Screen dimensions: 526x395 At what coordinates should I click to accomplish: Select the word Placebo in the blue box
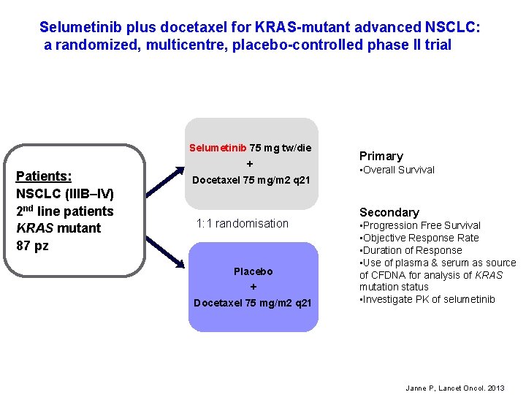253,271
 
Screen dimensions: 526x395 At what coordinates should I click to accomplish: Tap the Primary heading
381,156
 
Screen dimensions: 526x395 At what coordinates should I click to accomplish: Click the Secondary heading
389,212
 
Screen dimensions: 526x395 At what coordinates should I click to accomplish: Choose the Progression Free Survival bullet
420,225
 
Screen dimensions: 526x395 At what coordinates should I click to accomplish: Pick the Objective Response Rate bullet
419,238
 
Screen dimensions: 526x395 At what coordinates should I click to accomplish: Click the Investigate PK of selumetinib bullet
427,298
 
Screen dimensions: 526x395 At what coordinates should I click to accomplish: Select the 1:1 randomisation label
243,223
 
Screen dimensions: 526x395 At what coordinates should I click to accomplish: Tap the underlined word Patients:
44,176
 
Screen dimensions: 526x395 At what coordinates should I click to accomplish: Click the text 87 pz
32,245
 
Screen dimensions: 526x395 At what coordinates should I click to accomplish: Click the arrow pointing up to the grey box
164,180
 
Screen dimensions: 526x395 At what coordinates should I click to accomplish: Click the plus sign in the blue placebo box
253,287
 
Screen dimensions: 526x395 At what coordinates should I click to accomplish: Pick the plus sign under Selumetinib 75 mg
250,164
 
